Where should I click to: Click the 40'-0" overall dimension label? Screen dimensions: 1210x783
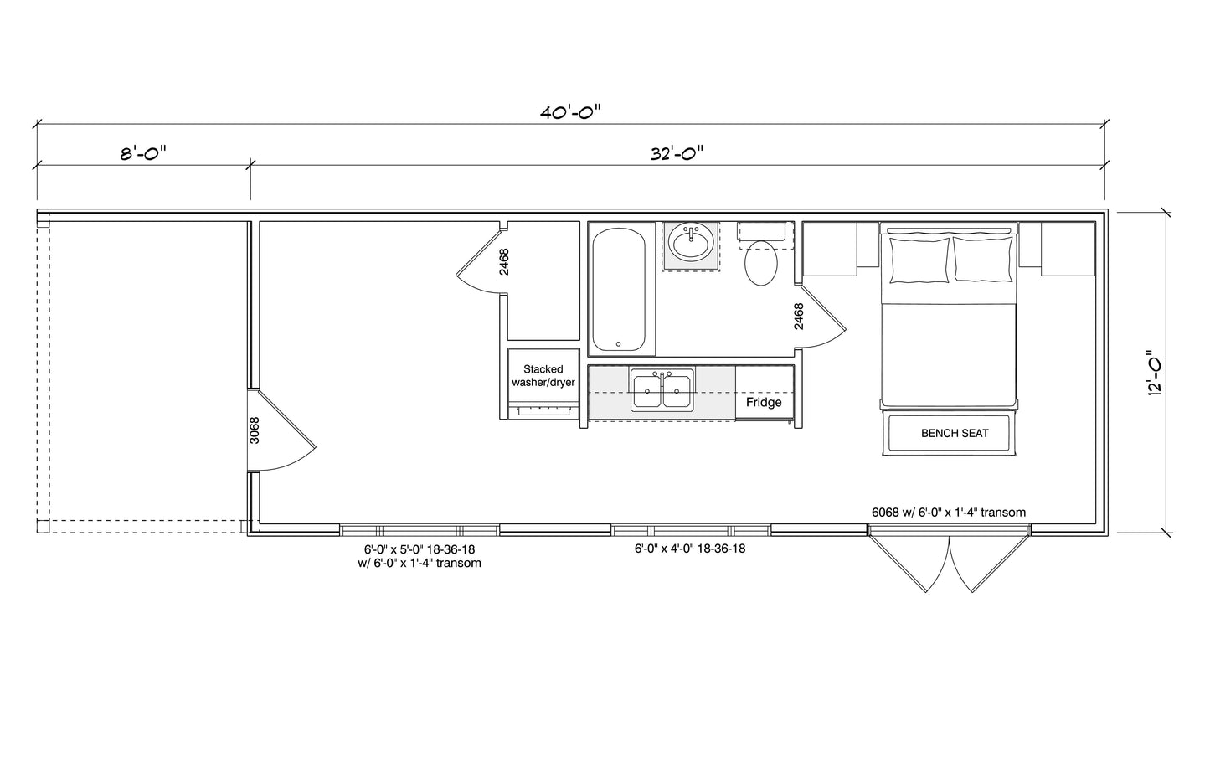[x=570, y=112]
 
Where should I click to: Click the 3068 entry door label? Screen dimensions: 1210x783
[x=255, y=430]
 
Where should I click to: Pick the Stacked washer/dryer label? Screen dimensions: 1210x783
[x=543, y=375]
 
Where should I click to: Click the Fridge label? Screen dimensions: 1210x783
[x=764, y=402]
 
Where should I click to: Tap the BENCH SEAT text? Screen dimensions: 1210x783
[x=955, y=433]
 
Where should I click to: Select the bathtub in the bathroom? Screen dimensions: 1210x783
[x=619, y=290]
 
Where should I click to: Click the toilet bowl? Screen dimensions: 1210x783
[x=761, y=263]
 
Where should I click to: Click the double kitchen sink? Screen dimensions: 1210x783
[x=662, y=390]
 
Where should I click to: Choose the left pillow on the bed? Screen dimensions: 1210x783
[x=919, y=260]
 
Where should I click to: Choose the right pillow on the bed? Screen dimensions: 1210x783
[x=982, y=260]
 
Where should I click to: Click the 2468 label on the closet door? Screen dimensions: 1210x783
[x=504, y=261]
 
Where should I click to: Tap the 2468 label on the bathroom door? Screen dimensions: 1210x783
[x=798, y=317]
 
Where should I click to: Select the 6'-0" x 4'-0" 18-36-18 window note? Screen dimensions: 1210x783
[x=690, y=549]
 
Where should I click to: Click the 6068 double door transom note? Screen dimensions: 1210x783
[x=949, y=513]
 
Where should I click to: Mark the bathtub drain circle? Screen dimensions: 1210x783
[x=619, y=344]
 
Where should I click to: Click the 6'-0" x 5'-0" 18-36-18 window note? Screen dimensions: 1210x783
[x=420, y=549]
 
